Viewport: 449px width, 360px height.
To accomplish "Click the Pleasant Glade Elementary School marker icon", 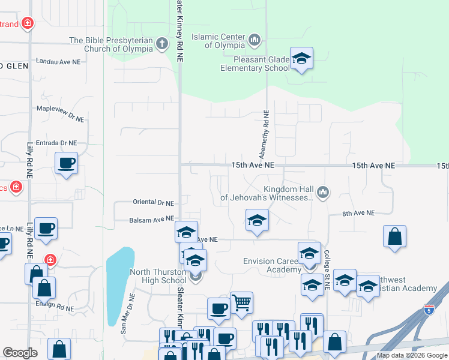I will coord(301,58).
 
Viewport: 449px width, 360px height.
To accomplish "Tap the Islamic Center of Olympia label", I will coord(218,41).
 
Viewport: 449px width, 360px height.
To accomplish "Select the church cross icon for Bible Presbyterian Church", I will coord(161,43).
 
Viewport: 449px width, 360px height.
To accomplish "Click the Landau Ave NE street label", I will coord(58,61).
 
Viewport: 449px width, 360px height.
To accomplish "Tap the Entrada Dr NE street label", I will coord(56,143).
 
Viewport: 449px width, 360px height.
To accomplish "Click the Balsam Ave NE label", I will coord(151,220).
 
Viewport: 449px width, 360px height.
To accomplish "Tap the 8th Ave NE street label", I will coord(358,213).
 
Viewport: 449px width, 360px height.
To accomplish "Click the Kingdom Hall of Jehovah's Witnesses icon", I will coord(324,192).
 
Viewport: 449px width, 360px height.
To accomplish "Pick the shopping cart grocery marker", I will coord(241,302).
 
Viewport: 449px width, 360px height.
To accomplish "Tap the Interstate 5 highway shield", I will coord(429,310).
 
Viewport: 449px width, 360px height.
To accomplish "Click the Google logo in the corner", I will coord(20,353).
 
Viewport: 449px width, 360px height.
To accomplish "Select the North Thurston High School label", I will coord(158,276).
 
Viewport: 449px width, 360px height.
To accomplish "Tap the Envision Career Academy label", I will coord(271,265).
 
